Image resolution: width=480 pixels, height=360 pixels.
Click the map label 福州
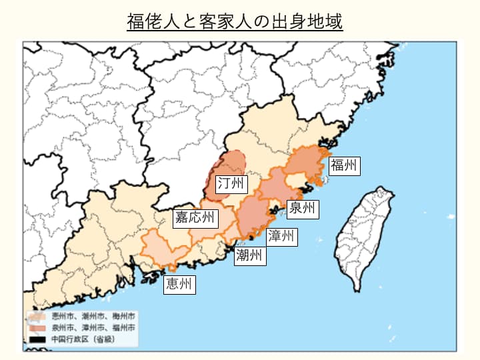coord(344,165)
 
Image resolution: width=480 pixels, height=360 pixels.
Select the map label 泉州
coord(302,209)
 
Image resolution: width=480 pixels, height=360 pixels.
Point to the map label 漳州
coord(281,235)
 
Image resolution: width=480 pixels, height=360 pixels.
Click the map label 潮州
coord(249,255)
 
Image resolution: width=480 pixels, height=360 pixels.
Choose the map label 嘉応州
coord(195,218)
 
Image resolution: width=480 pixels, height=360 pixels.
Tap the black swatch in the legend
coord(35,339)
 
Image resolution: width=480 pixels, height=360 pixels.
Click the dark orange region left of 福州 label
coord(307,163)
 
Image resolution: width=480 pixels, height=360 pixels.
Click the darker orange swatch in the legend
coord(35,328)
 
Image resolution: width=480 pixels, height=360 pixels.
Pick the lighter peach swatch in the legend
coord(35,316)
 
